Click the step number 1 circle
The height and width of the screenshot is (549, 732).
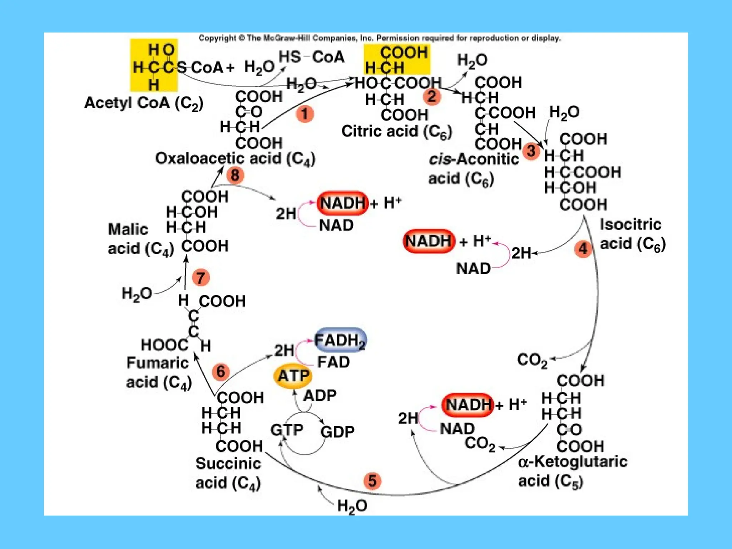(305, 114)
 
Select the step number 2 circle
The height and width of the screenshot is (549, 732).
(432, 97)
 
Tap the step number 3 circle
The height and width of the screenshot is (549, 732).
(531, 151)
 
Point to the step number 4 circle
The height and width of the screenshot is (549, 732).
(583, 248)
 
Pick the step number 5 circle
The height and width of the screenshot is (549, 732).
(372, 481)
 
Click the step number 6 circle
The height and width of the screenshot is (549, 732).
(221, 371)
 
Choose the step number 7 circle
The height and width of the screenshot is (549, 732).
(201, 278)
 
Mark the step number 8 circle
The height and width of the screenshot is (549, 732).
(235, 175)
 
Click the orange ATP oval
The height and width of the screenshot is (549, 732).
(293, 376)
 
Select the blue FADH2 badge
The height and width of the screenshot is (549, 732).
(340, 340)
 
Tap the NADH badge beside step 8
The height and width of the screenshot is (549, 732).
(342, 203)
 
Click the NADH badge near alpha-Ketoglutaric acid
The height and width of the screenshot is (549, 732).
(468, 405)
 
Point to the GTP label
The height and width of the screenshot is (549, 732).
(287, 430)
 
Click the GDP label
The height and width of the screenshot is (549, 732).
(337, 432)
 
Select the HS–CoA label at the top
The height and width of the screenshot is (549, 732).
(311, 57)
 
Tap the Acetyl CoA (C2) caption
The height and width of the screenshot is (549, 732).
(144, 103)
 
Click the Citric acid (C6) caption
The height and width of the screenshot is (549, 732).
(396, 132)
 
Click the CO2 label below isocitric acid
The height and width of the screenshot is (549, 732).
(532, 360)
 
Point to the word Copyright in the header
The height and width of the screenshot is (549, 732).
(217, 38)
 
